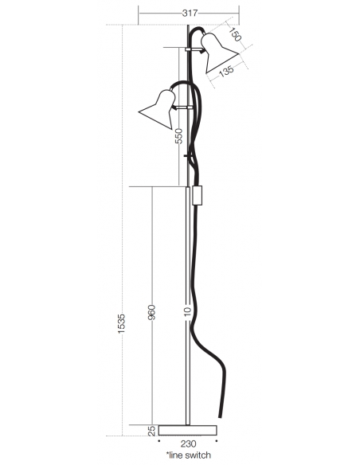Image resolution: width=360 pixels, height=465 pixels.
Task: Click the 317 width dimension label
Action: coord(190,13)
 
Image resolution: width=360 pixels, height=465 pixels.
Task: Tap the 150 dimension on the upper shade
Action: coord(236,33)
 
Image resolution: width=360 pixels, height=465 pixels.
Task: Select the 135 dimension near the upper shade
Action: coord(226,71)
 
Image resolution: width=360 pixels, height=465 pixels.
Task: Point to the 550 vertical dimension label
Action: coord(178,136)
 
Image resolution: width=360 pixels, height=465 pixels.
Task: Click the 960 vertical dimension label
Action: coord(151,312)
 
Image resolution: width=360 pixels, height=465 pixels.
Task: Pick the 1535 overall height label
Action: coord(122,323)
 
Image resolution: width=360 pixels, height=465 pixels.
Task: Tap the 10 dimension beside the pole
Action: coord(187,311)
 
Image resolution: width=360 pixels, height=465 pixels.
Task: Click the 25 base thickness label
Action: coord(151,431)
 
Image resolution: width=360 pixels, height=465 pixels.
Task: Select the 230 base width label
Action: coord(188,444)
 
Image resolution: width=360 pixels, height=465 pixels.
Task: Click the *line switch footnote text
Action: coord(189,455)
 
